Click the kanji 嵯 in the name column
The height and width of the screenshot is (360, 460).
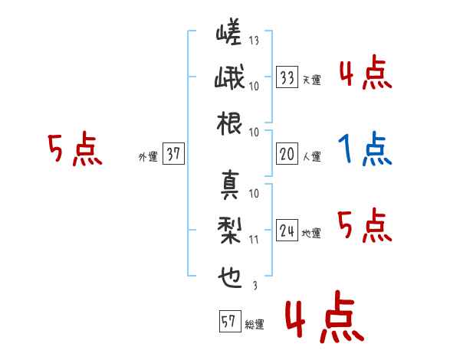pyautogui.click(x=228, y=31)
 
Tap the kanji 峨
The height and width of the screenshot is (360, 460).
pyautogui.click(x=229, y=77)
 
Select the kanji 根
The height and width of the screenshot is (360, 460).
pyautogui.click(x=229, y=123)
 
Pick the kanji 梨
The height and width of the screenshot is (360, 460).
pyautogui.click(x=229, y=231)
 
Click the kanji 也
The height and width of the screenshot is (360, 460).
pyautogui.click(x=230, y=277)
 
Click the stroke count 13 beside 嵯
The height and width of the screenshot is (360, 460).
pyautogui.click(x=254, y=40)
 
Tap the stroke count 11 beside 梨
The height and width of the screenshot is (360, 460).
pyautogui.click(x=254, y=240)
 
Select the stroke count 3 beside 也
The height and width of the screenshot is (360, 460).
pyautogui.click(x=255, y=285)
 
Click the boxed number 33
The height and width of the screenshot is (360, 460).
pyautogui.click(x=287, y=77)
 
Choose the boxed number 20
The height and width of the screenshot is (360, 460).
pyautogui.click(x=287, y=154)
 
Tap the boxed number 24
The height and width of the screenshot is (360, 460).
pyautogui.click(x=287, y=230)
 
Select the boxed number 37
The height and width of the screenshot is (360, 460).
pyautogui.click(x=173, y=153)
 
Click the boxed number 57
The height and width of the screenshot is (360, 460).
pyautogui.click(x=230, y=321)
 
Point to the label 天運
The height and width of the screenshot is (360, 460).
pyautogui.click(x=312, y=80)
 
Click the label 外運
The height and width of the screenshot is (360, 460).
pyautogui.click(x=148, y=156)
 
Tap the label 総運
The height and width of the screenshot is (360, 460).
pyautogui.click(x=255, y=325)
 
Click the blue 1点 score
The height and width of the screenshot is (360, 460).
pyautogui.click(x=365, y=149)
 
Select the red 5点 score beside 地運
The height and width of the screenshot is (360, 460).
pyautogui.click(x=365, y=225)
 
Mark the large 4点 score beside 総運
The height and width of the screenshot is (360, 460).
pyautogui.click(x=325, y=316)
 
